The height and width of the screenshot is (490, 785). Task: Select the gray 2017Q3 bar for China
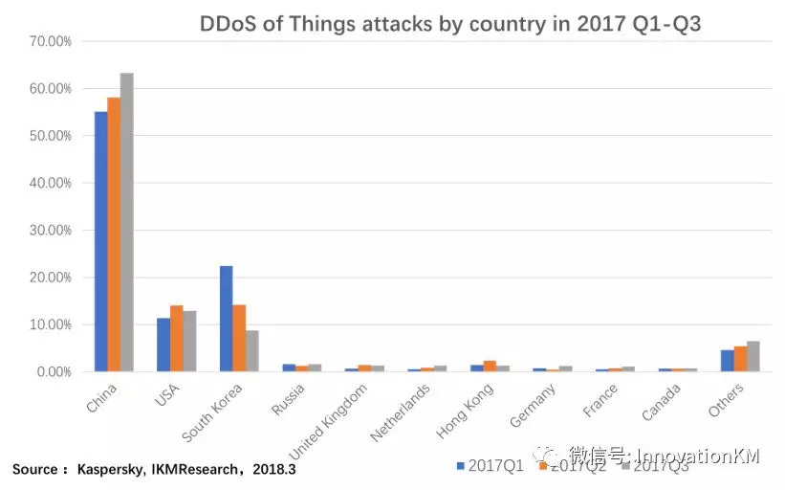[126, 222]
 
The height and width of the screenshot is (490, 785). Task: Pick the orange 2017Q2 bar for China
[114, 234]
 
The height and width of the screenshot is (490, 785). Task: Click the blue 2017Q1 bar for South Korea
[226, 319]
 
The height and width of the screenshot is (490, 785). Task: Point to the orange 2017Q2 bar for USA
[176, 338]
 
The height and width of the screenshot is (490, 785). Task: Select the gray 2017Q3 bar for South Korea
[251, 350]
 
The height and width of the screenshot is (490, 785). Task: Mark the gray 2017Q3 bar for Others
[753, 356]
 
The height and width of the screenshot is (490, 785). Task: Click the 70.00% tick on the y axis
[49, 42]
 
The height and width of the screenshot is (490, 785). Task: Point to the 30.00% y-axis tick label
[49, 231]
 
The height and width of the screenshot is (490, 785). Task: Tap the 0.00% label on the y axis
[52, 372]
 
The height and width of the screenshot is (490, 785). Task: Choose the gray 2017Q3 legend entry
[655, 465]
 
